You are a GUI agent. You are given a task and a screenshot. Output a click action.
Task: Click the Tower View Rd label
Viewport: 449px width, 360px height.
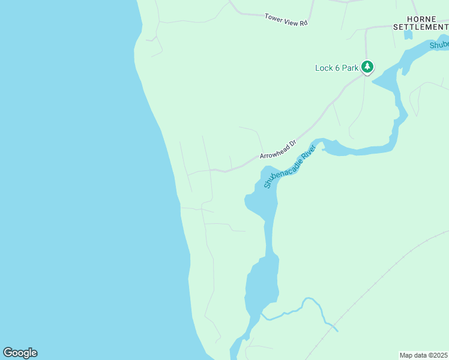click(286, 19)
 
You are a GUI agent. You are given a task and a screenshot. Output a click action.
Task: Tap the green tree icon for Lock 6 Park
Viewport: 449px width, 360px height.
click(367, 67)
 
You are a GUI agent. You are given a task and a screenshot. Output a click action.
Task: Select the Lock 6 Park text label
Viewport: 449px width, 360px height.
click(336, 68)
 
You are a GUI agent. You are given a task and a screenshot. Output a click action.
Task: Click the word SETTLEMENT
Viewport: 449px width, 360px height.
click(420, 27)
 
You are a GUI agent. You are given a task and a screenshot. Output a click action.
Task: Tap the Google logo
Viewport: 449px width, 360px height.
click(20, 353)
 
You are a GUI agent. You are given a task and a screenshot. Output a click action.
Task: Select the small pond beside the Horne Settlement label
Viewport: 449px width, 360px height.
click(408, 35)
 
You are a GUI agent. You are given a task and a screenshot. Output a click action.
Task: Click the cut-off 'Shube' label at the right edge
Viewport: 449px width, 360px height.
click(439, 46)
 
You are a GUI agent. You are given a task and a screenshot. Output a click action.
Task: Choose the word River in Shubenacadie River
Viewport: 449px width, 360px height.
click(306, 152)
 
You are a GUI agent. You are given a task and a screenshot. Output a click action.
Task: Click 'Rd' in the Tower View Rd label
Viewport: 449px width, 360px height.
click(303, 23)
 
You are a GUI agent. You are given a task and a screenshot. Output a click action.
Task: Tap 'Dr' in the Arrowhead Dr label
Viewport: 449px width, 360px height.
click(292, 144)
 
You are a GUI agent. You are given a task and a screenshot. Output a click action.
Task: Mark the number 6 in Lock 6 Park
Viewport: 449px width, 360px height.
click(337, 68)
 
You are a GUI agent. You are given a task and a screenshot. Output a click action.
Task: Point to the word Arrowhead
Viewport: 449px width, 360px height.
click(274, 152)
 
